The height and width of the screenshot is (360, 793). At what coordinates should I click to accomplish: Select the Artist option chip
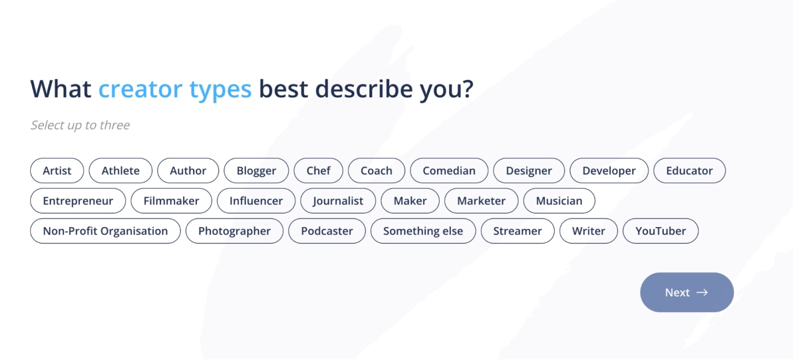coord(57,171)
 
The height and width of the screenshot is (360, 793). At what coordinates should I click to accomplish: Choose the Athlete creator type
coord(121,171)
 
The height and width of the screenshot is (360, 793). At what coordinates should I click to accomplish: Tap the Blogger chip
coord(256,171)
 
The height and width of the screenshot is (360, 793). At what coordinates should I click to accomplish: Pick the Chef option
coord(318,171)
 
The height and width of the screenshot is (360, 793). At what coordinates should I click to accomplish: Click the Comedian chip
coord(449,171)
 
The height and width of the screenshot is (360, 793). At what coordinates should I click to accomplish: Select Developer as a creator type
coord(609,171)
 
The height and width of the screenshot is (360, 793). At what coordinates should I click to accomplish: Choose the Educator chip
coord(689,171)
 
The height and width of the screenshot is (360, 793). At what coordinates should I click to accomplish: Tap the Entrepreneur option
coord(78,200)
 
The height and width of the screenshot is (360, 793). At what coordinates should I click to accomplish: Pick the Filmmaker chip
coord(171,200)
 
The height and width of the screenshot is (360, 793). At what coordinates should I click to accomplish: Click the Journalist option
coord(338,200)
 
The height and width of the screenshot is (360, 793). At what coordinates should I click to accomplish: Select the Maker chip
coord(410,200)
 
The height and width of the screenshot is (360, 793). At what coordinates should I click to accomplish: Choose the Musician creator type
coord(559,200)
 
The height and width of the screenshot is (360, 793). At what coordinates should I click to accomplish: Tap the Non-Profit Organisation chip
coord(105,231)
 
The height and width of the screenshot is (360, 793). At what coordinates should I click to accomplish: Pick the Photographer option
coord(234,231)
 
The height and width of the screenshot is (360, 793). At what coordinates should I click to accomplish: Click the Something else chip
coord(423,231)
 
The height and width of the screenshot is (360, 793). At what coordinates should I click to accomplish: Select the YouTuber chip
coord(661,231)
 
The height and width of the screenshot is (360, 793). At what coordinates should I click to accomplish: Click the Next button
coord(687,293)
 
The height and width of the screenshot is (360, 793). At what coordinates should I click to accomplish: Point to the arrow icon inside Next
coord(702,293)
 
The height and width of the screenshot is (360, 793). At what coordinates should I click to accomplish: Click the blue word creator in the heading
coord(140,89)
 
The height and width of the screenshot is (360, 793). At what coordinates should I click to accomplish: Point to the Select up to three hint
coord(80,125)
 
